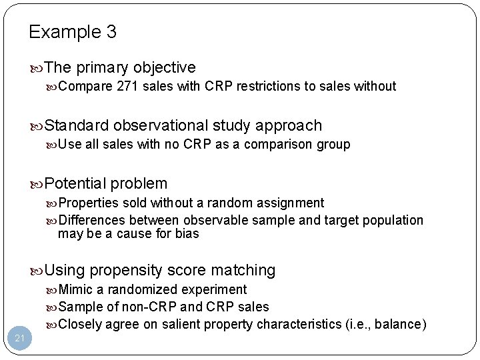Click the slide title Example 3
click(x=73, y=32)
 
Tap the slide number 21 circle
click(x=20, y=339)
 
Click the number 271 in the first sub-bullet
click(x=127, y=86)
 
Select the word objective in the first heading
click(x=164, y=68)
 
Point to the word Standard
click(x=77, y=125)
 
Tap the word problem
click(x=139, y=183)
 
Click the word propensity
click(x=125, y=270)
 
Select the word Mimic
click(x=75, y=289)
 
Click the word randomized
click(x=139, y=289)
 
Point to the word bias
click(x=187, y=233)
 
